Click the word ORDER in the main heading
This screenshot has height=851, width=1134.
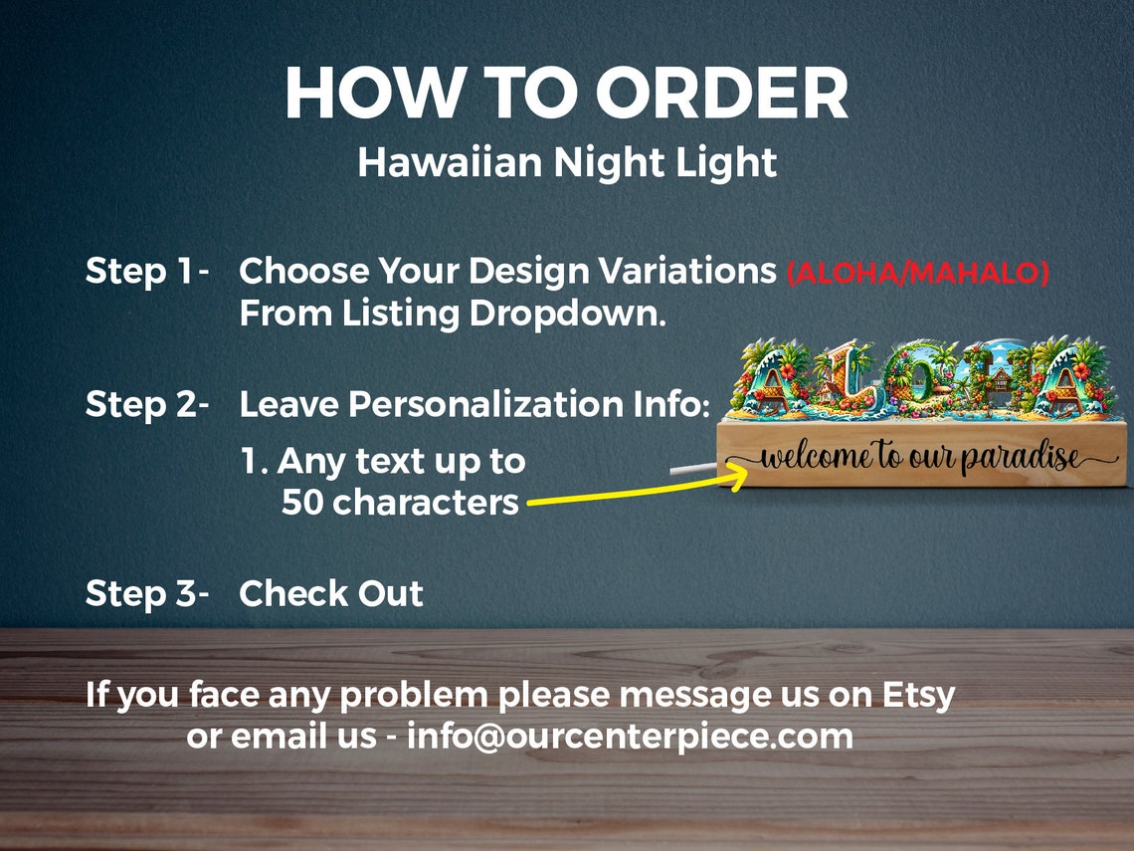722,96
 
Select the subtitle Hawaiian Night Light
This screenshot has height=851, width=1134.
567,162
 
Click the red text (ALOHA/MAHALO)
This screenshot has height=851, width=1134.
917,273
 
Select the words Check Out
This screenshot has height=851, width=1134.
331,593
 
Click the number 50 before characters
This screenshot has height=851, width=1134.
302,503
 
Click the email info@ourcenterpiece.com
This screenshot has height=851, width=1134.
630,737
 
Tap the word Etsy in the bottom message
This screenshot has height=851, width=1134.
918,694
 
